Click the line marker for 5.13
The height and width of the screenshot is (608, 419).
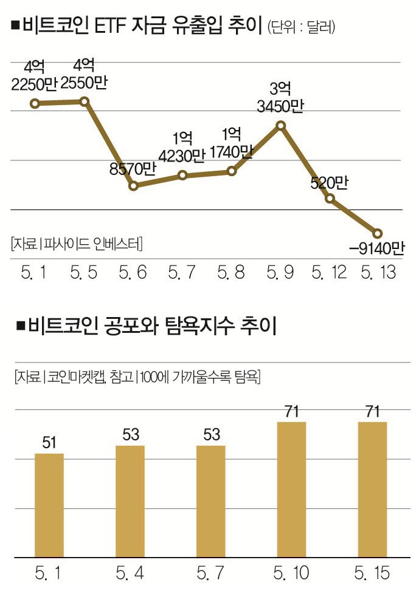(377, 233)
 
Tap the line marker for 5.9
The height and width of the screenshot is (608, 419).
(280, 126)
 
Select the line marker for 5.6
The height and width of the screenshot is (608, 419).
(134, 185)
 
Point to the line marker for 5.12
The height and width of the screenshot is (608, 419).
(330, 198)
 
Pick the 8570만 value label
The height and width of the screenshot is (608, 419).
(132, 169)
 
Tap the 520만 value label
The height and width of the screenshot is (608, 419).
(328, 183)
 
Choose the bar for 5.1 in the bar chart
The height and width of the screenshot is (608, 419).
(49, 504)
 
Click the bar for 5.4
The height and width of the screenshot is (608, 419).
(130, 500)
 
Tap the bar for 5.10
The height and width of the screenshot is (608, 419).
(291, 488)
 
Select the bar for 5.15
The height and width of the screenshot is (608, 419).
(372, 488)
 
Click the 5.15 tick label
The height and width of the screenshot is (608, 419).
(372, 572)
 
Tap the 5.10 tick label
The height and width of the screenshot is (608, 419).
(291, 572)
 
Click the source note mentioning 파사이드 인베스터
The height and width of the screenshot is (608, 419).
(76, 244)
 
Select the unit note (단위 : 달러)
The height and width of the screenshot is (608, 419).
(302, 27)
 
